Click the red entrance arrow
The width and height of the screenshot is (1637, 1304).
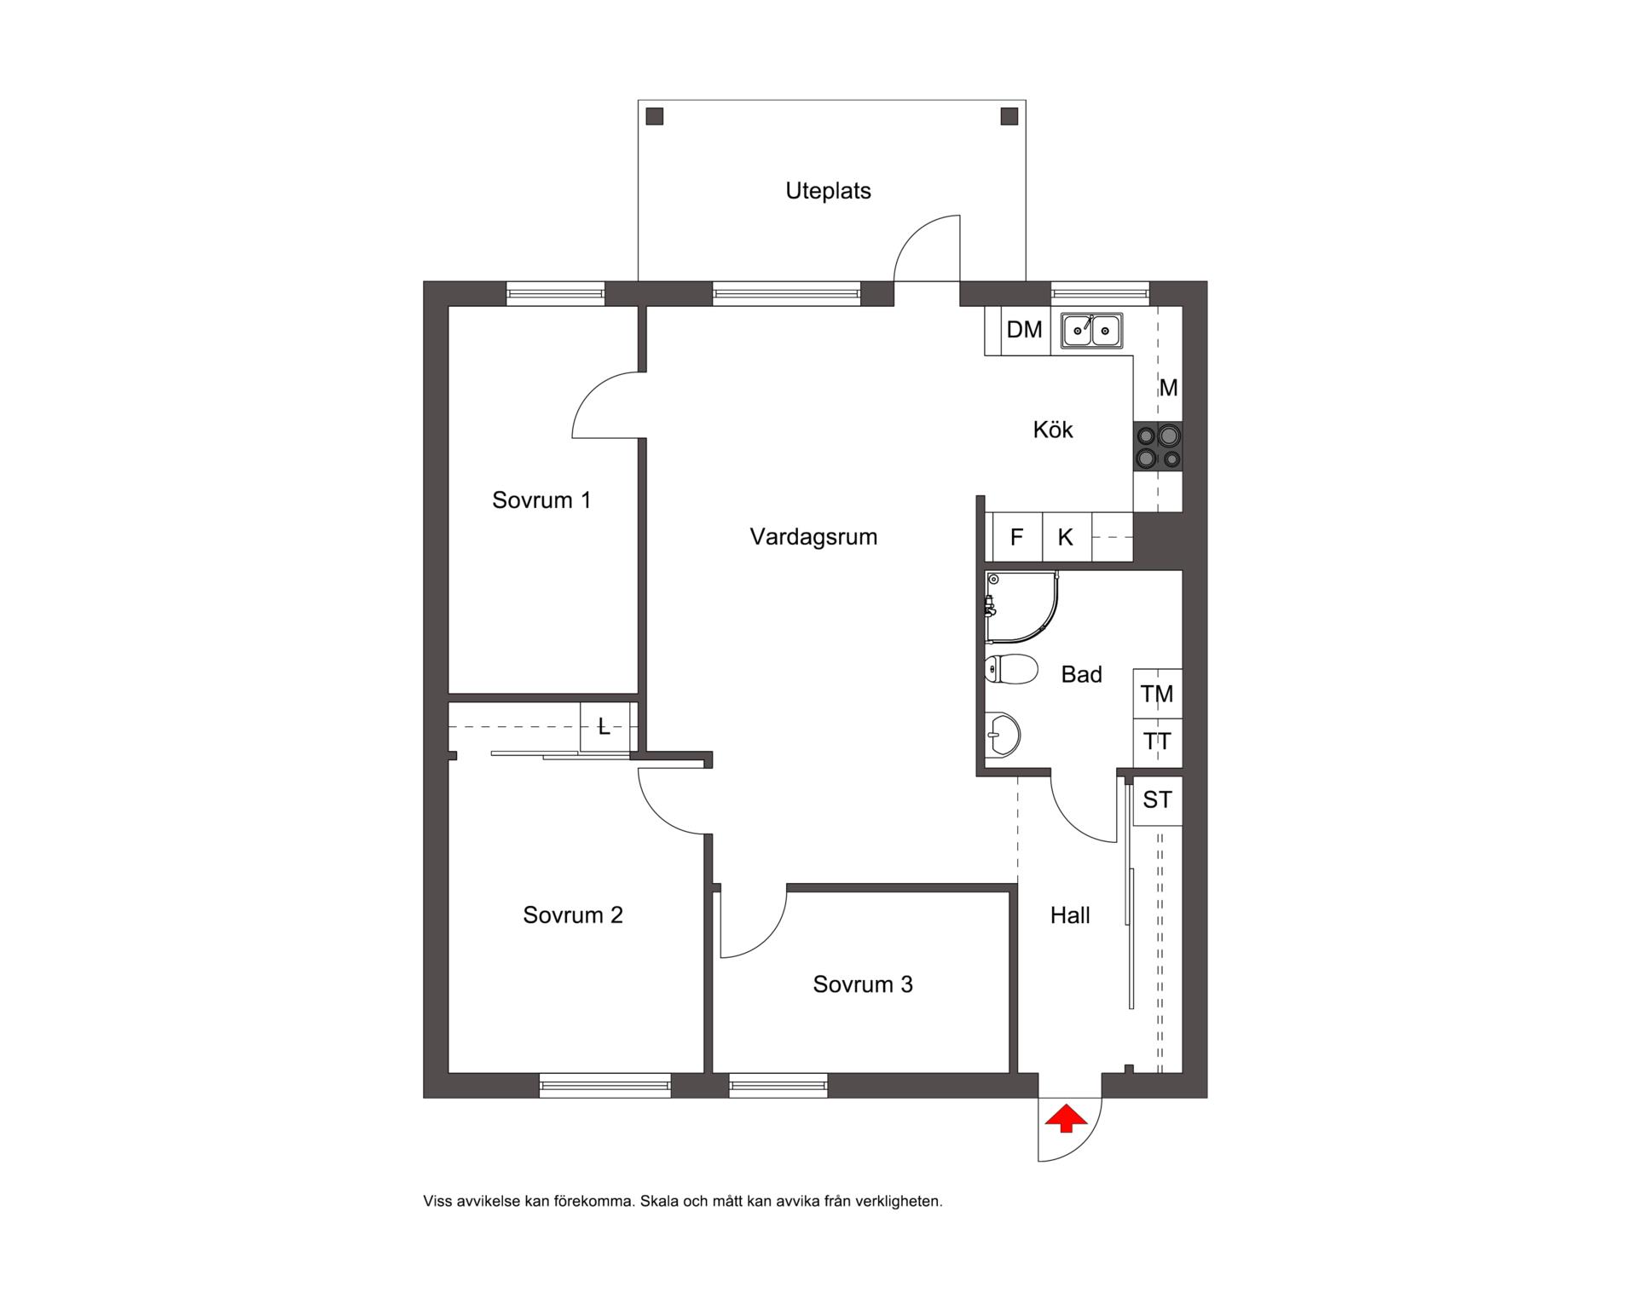(x=1066, y=1118)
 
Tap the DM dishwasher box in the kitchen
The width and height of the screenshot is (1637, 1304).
(x=1025, y=331)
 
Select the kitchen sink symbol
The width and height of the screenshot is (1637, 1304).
(x=1092, y=330)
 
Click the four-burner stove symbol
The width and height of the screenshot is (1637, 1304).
(x=1158, y=447)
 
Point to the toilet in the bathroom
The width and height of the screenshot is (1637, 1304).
(x=1010, y=669)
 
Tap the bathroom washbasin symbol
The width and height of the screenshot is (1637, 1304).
(x=1003, y=734)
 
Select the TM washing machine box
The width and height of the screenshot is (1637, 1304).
(x=1157, y=694)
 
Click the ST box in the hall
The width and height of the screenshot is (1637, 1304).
(x=1157, y=800)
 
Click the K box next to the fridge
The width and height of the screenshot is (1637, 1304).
(x=1067, y=537)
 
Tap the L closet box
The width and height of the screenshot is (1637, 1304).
(x=604, y=726)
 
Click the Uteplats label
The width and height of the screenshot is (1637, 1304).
(x=828, y=191)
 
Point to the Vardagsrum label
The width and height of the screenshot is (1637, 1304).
(x=813, y=537)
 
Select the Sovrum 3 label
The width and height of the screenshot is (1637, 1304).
(x=863, y=984)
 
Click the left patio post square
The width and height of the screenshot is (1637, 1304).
(x=655, y=116)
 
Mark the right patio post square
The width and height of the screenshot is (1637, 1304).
(x=1009, y=116)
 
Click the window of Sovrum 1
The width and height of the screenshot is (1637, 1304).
(x=555, y=294)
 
